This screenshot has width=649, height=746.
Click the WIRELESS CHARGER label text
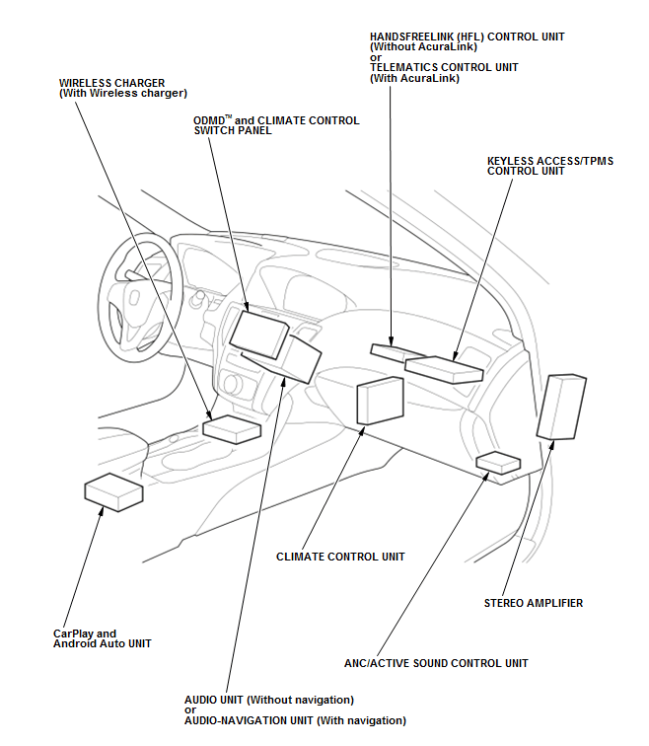122,88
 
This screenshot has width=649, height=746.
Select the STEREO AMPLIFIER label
533,603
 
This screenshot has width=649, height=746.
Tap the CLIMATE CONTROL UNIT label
340,557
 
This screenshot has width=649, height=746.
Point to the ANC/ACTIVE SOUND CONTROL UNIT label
436,663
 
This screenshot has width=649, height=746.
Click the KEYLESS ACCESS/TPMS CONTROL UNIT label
550,166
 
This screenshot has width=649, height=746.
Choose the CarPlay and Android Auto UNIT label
102,638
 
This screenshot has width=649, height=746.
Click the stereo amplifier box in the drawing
561,407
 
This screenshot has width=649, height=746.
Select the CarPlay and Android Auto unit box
113,492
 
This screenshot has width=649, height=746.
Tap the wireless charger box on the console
232,429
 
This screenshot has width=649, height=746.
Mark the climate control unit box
380,401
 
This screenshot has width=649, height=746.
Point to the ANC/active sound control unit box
498,463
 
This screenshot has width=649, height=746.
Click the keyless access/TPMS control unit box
444,370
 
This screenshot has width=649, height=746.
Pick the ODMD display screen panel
258,335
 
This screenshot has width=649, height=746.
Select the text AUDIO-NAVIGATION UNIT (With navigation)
295,720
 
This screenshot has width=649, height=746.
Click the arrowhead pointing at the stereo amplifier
552,444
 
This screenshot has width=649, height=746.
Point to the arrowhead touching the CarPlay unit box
101,511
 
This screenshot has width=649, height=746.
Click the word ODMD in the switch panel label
209,120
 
